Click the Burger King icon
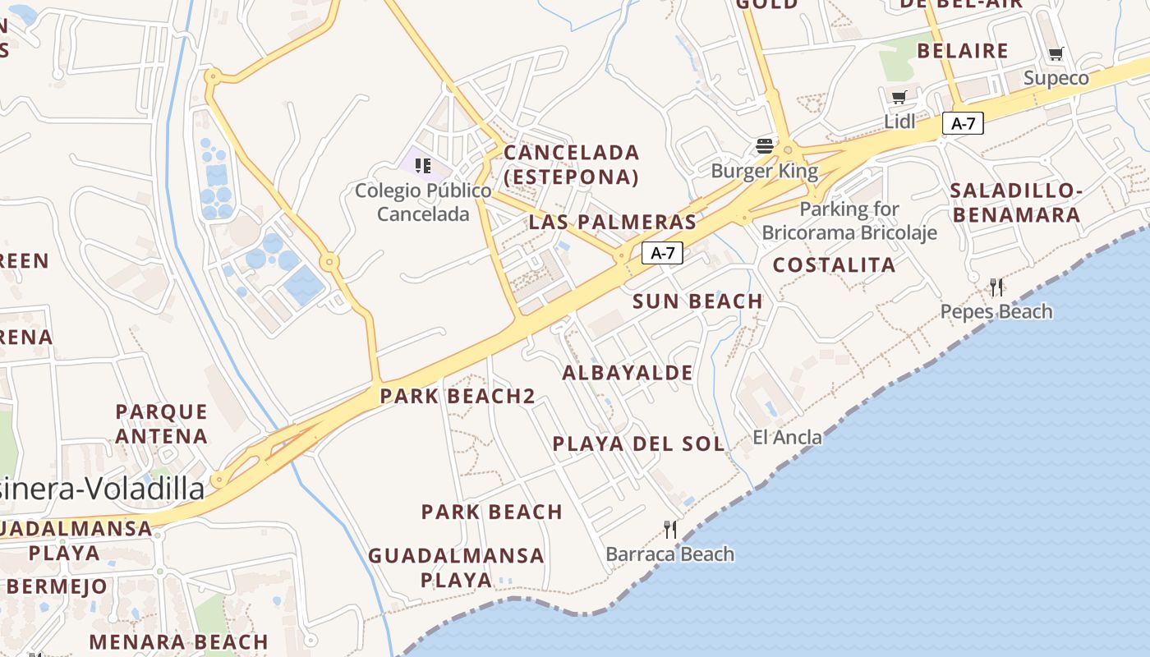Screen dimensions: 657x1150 (x=765, y=147)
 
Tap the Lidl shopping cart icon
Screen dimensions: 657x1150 (x=899, y=98)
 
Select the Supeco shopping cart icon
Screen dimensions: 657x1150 (x=1056, y=54)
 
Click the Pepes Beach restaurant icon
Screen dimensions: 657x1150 (x=996, y=287)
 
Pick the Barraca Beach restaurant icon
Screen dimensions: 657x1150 (x=670, y=529)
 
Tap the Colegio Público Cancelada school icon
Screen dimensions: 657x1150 (x=423, y=166)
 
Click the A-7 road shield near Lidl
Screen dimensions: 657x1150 (x=963, y=123)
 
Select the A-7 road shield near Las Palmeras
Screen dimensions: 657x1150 (x=662, y=253)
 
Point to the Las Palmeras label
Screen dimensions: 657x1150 (x=612, y=222)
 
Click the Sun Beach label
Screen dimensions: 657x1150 (x=697, y=301)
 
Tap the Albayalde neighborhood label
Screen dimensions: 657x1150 (x=628, y=373)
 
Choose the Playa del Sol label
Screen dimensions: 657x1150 (x=638, y=444)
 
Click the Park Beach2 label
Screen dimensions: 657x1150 (x=458, y=397)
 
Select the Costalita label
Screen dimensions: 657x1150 (x=834, y=264)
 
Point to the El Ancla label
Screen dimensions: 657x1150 (x=787, y=437)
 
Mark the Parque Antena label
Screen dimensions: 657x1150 (x=161, y=423)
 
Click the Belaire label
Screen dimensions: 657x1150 (x=962, y=51)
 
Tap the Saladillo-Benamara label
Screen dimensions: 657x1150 (x=1015, y=203)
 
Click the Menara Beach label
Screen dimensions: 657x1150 (x=178, y=642)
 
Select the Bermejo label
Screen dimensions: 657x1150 (x=57, y=586)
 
